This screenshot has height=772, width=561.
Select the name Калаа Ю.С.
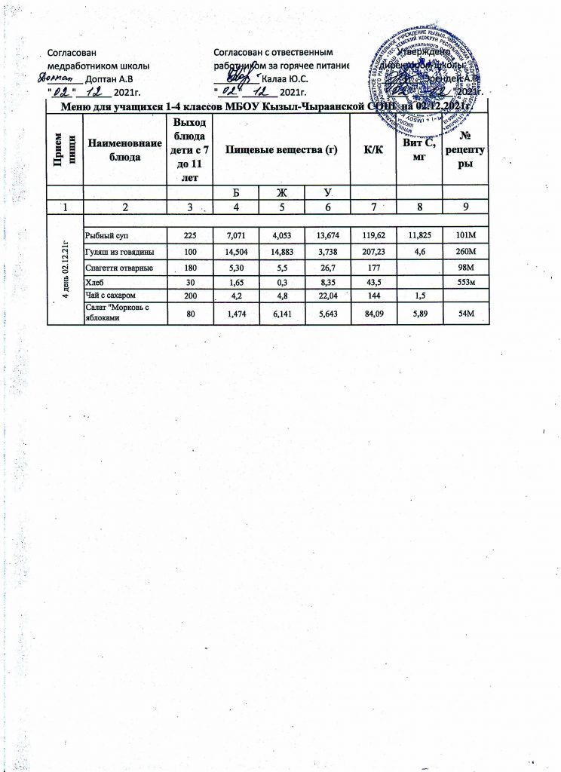pos(284,78)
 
